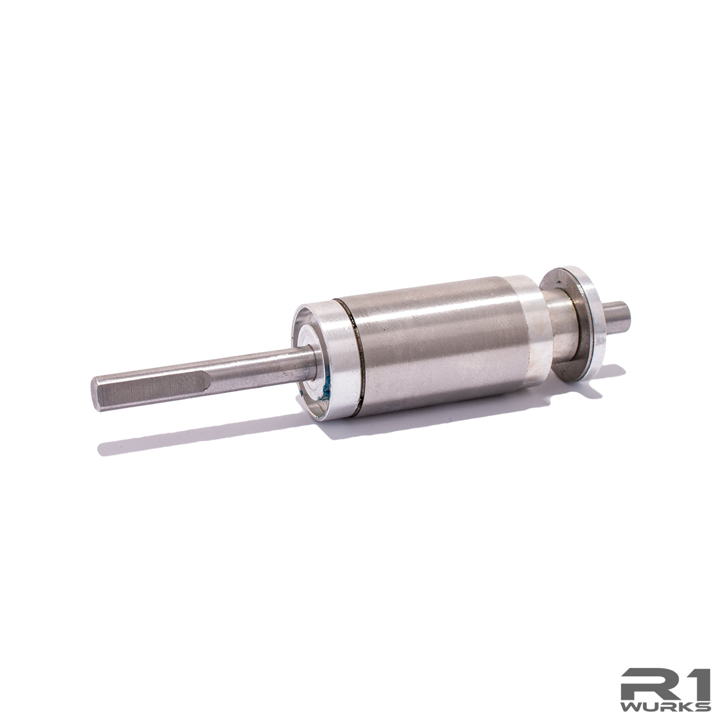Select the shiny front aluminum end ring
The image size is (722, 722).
coord(337,361)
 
